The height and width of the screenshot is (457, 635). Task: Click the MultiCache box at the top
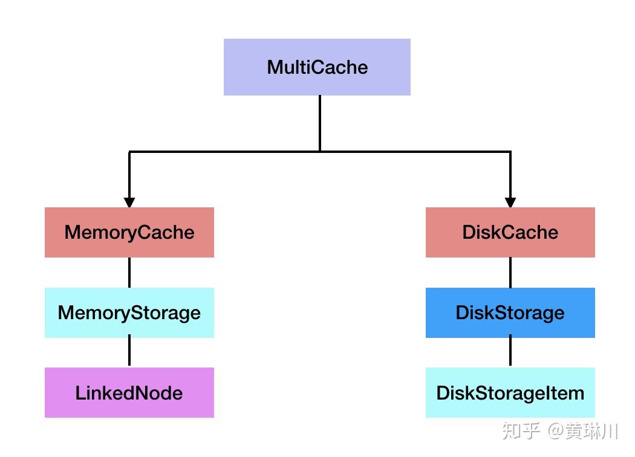(x=317, y=67)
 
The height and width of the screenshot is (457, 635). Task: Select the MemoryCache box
(x=129, y=232)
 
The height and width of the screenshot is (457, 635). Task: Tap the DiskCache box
(x=510, y=232)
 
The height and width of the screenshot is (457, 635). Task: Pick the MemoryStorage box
(x=129, y=313)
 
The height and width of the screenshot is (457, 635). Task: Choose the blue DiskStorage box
(x=510, y=313)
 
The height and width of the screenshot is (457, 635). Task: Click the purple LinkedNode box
(x=129, y=393)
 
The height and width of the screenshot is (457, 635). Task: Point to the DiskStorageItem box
(x=510, y=393)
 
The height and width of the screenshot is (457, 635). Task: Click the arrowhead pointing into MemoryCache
(x=129, y=203)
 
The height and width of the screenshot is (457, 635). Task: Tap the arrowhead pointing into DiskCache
(x=510, y=203)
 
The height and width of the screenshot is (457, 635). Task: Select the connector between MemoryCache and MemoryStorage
(x=129, y=273)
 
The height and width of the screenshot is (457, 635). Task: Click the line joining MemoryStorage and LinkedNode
(x=129, y=351)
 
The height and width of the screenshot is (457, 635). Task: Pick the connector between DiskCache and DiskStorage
(x=510, y=273)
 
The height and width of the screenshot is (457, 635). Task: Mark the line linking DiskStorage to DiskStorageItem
(x=510, y=351)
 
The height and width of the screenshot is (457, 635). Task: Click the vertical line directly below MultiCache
(x=320, y=123)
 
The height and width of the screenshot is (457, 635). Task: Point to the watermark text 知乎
(x=521, y=430)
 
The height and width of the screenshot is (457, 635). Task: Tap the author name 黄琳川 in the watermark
(x=591, y=430)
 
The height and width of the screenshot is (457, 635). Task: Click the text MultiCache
(x=317, y=67)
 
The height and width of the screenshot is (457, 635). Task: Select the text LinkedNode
(x=129, y=393)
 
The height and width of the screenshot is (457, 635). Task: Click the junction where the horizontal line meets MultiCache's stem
(x=320, y=152)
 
